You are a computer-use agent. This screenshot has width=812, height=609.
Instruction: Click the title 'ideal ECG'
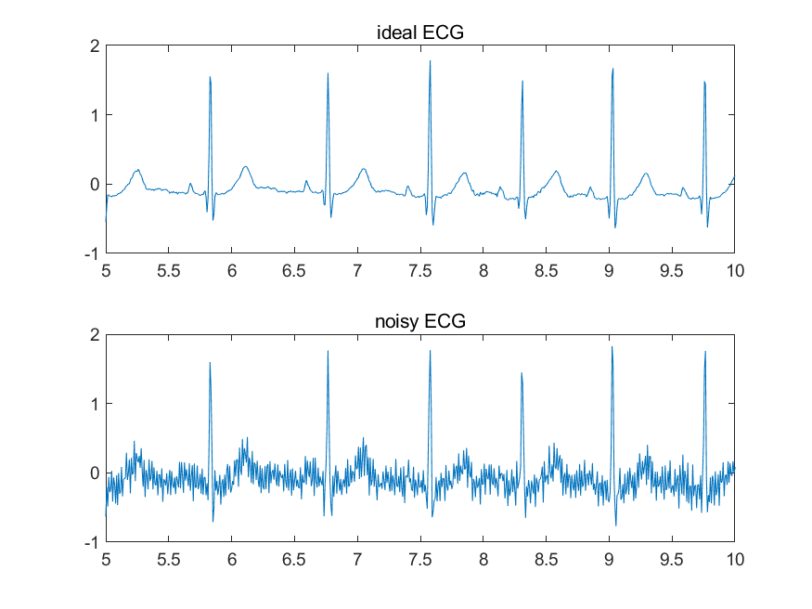pyautogui.click(x=419, y=33)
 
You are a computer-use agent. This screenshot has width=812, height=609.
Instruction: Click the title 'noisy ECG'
pyautogui.click(x=419, y=322)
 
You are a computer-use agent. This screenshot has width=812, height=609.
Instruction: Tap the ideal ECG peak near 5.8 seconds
pyautogui.click(x=210, y=78)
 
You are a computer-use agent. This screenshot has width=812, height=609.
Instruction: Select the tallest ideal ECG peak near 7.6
pyautogui.click(x=430, y=62)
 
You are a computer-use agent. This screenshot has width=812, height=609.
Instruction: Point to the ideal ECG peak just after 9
pyautogui.click(x=612, y=70)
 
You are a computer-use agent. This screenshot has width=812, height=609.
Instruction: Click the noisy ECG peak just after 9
pyautogui.click(x=612, y=348)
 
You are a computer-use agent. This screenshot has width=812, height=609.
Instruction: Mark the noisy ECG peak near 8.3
pyautogui.click(x=522, y=374)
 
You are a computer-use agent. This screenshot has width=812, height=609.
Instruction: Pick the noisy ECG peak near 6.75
pyautogui.click(x=328, y=352)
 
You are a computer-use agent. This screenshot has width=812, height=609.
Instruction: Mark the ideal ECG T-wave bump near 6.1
pyautogui.click(x=245, y=167)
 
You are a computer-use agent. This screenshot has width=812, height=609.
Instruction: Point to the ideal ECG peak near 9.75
pyautogui.click(x=704, y=82)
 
